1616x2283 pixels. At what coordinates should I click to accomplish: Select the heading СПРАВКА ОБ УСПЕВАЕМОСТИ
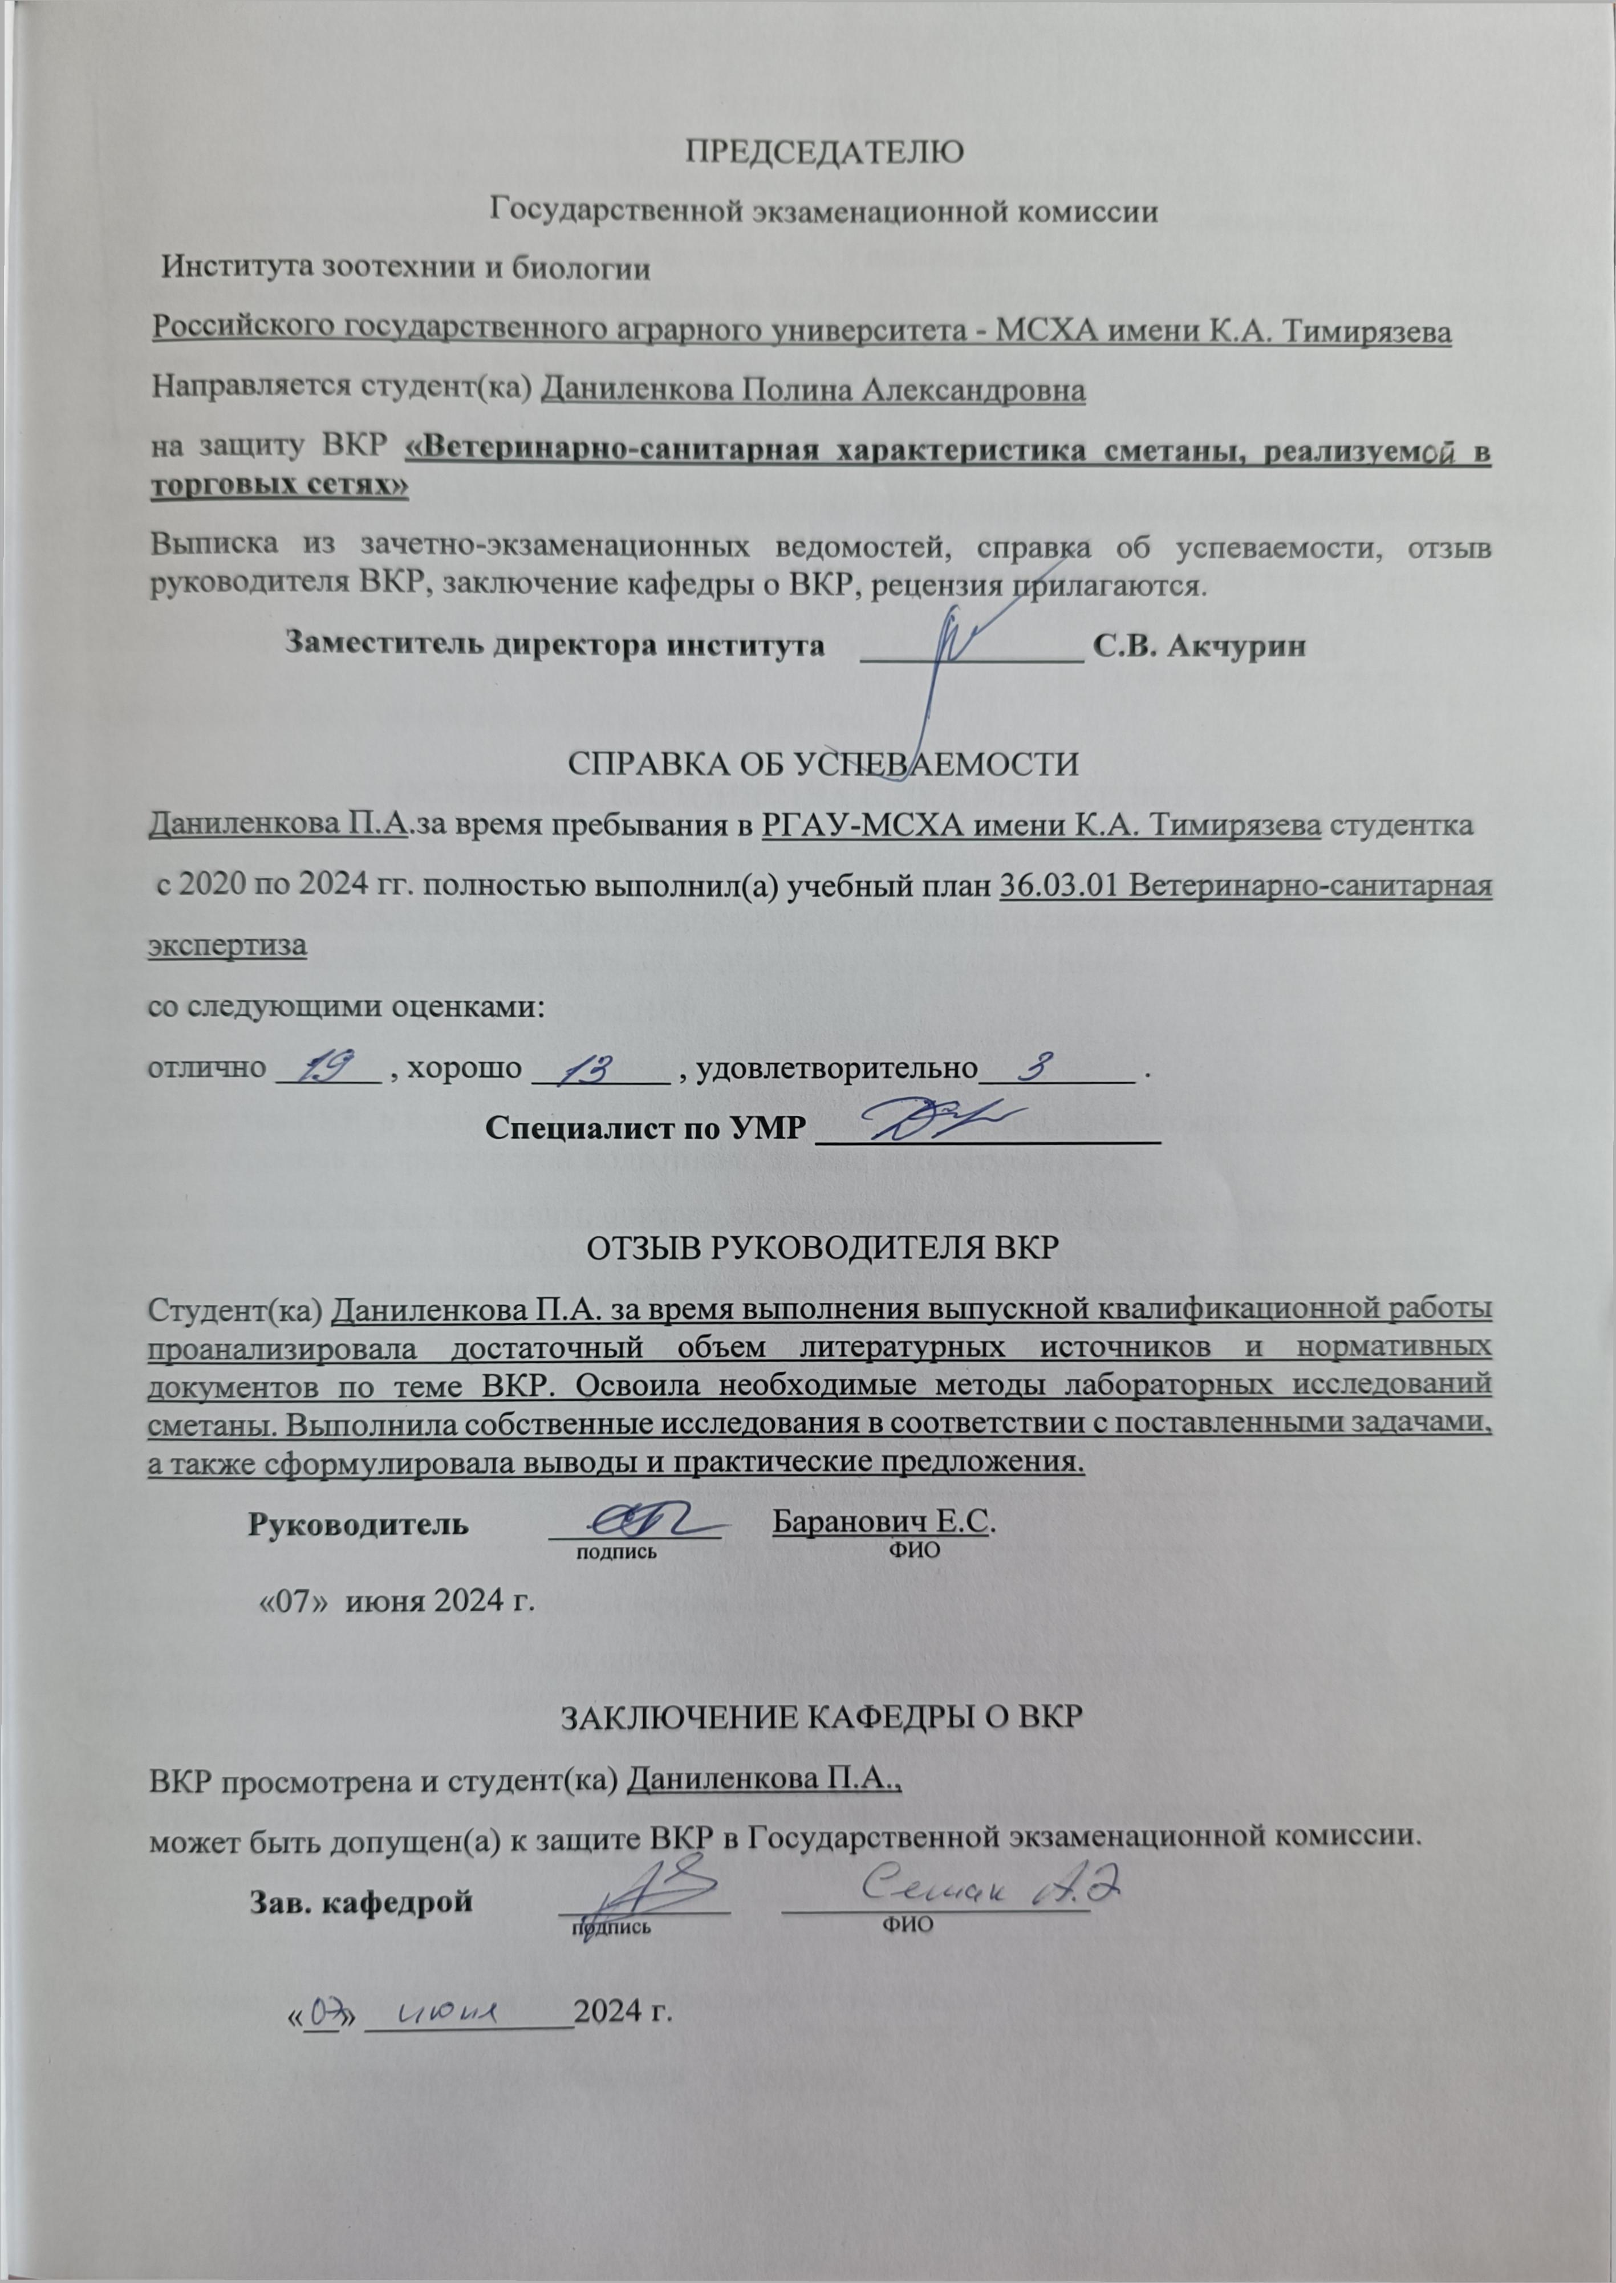tap(823, 765)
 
